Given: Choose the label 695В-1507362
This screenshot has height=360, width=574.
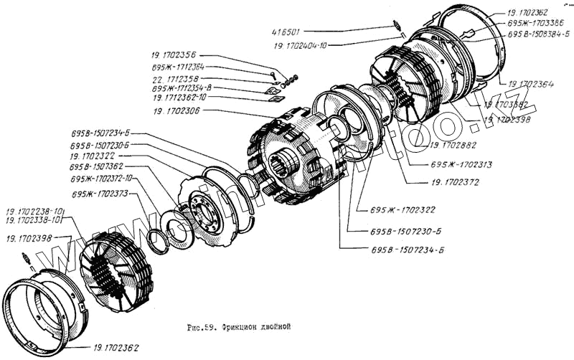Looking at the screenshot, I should coord(96,167).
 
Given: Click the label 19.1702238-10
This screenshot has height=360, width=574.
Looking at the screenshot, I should coord(35,212).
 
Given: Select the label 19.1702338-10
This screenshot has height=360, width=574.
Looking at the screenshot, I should coord(35,220).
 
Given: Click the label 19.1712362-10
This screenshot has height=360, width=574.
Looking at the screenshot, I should coord(179,97).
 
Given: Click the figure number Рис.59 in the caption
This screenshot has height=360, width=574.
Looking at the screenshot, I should coord(203,326).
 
